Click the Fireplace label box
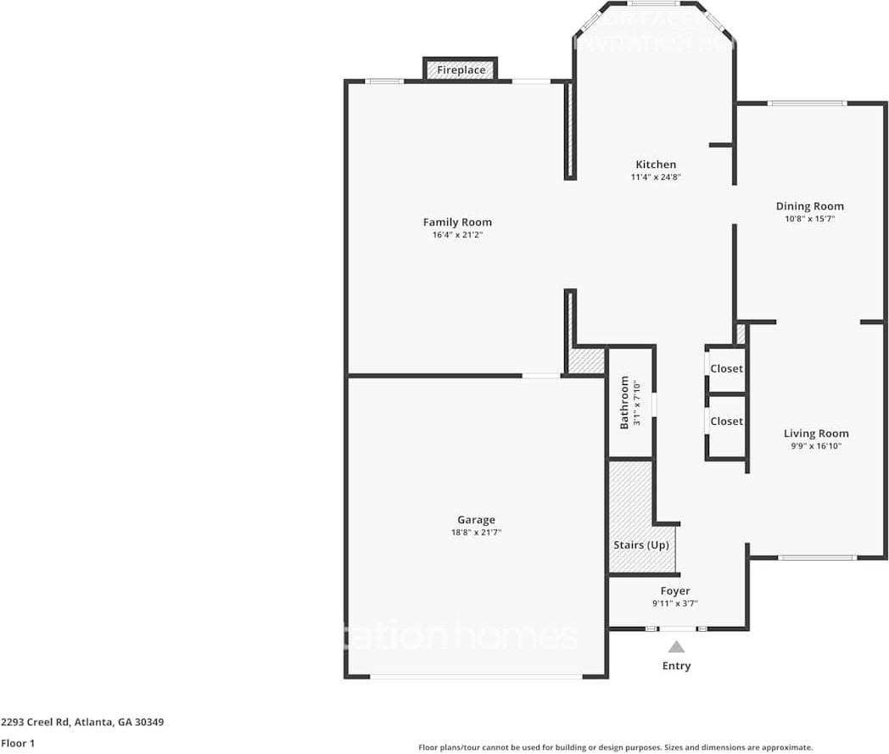(461, 70)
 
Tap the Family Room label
(457, 222)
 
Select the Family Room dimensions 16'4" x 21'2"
(457, 235)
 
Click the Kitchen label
(656, 165)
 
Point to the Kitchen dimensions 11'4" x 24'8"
(656, 177)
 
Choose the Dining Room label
(809, 206)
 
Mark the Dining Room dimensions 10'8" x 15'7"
(809, 219)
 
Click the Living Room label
(815, 433)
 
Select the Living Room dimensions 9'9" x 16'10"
(815, 446)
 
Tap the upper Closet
(726, 369)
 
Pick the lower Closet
(726, 422)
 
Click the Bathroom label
(624, 402)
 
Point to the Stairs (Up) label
(640, 545)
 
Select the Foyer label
(675, 591)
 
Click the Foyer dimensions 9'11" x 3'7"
(675, 604)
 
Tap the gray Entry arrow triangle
(676, 646)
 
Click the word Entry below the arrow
(676, 666)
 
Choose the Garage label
(476, 520)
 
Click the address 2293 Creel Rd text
(82, 723)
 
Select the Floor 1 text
(19, 743)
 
